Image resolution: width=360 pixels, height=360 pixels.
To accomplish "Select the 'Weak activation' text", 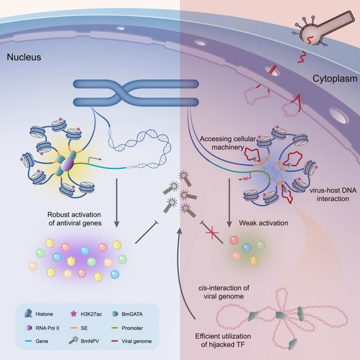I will point(264,223).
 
